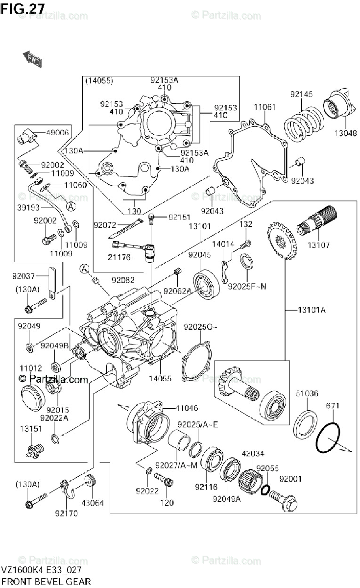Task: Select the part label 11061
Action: (264, 107)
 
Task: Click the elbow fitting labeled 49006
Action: (28, 135)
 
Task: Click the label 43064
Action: (92, 502)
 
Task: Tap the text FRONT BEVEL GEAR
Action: (46, 582)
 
